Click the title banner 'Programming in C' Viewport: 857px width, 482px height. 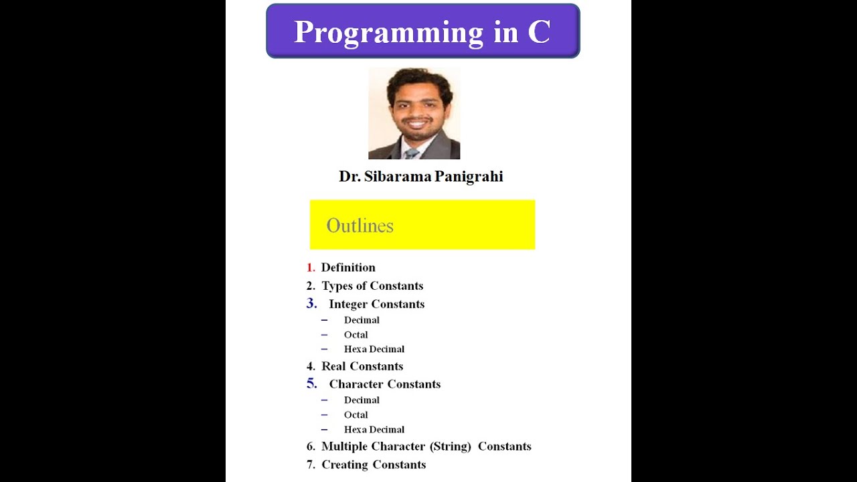[x=422, y=31]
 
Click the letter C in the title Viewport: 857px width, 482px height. [x=538, y=32]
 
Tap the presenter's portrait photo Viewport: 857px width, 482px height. [x=414, y=113]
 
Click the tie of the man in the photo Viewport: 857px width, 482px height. [x=412, y=154]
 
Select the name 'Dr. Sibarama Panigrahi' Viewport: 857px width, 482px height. [x=420, y=177]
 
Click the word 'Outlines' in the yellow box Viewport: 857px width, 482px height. [x=360, y=226]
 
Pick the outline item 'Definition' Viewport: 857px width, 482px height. [x=348, y=268]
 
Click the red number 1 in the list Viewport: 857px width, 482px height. [x=310, y=268]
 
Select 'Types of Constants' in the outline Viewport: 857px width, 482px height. [x=372, y=286]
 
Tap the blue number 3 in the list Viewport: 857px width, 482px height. [x=311, y=304]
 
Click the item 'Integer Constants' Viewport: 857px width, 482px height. [x=376, y=305]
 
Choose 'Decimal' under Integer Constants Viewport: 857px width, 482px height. [x=362, y=320]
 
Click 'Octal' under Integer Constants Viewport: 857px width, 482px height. [x=356, y=335]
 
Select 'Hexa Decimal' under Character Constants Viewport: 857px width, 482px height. [x=374, y=430]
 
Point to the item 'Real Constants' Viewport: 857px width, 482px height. [x=362, y=366]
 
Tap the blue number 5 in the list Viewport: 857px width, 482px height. [x=311, y=384]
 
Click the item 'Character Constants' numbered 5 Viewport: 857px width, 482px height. [x=384, y=384]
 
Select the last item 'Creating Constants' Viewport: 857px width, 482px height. [x=374, y=465]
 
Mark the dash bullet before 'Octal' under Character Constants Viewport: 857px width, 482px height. [x=324, y=415]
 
